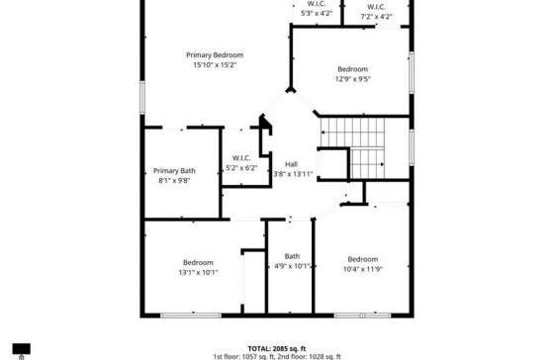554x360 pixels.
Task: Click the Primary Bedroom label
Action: (x=215, y=55)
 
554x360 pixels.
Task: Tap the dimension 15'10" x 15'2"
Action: (x=215, y=65)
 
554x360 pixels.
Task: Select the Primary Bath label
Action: (x=174, y=171)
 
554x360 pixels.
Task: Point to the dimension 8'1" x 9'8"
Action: (x=174, y=181)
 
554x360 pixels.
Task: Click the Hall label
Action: (x=291, y=164)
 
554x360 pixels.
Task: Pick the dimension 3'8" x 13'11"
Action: (x=293, y=174)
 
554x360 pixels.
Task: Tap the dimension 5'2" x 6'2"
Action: (x=241, y=168)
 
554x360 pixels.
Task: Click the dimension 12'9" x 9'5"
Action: (x=352, y=79)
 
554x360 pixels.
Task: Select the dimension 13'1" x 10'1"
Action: (x=198, y=272)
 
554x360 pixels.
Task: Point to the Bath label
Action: (x=292, y=256)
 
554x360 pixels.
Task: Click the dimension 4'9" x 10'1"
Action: (x=292, y=266)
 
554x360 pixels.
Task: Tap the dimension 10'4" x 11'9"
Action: (x=363, y=269)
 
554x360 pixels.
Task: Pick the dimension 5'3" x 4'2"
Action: (x=317, y=14)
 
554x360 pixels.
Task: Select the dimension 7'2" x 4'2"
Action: (x=376, y=17)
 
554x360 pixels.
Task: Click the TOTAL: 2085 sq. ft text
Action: (x=277, y=349)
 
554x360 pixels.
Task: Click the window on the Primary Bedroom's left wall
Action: (x=142, y=98)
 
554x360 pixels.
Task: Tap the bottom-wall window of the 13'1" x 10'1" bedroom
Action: (x=191, y=315)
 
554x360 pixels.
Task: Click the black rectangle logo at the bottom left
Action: (x=22, y=349)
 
